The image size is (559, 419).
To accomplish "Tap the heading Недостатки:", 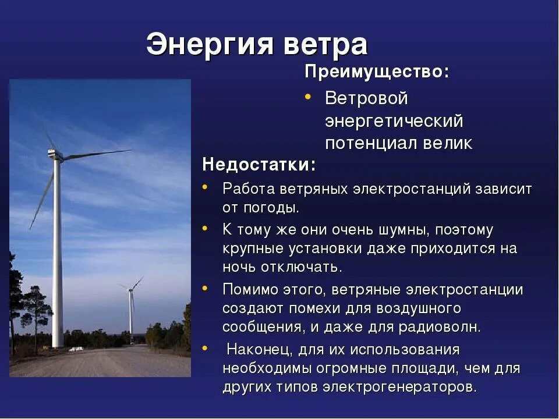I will [x=259, y=165].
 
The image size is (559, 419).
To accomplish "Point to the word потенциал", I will [x=373, y=144].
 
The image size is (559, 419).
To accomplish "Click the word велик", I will [x=449, y=144].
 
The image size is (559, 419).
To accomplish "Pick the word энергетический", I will [x=394, y=122].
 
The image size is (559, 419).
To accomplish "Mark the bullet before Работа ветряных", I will [x=206, y=187].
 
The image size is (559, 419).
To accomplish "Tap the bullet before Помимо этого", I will [x=206, y=287].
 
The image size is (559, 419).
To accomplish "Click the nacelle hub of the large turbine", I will [x=55, y=154].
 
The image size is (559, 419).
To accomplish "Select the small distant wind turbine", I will [x=131, y=308].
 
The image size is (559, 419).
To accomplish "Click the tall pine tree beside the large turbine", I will [x=36, y=308].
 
